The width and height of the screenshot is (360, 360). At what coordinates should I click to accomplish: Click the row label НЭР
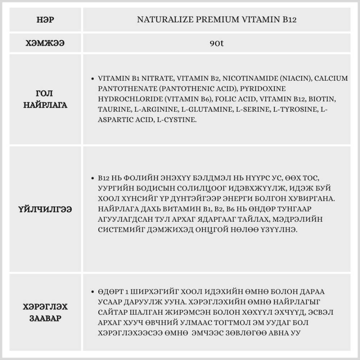point(45,19)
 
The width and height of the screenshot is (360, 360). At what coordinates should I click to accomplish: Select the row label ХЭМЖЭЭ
point(45,44)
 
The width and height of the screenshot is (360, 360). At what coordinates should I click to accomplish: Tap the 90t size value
point(217,44)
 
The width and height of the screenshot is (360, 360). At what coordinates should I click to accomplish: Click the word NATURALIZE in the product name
point(158,19)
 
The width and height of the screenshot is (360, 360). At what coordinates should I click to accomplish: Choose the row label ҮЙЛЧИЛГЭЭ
point(45,209)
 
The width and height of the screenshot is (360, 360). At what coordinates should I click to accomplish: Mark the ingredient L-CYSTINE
point(177,120)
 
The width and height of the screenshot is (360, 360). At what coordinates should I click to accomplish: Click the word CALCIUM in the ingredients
point(331,78)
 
